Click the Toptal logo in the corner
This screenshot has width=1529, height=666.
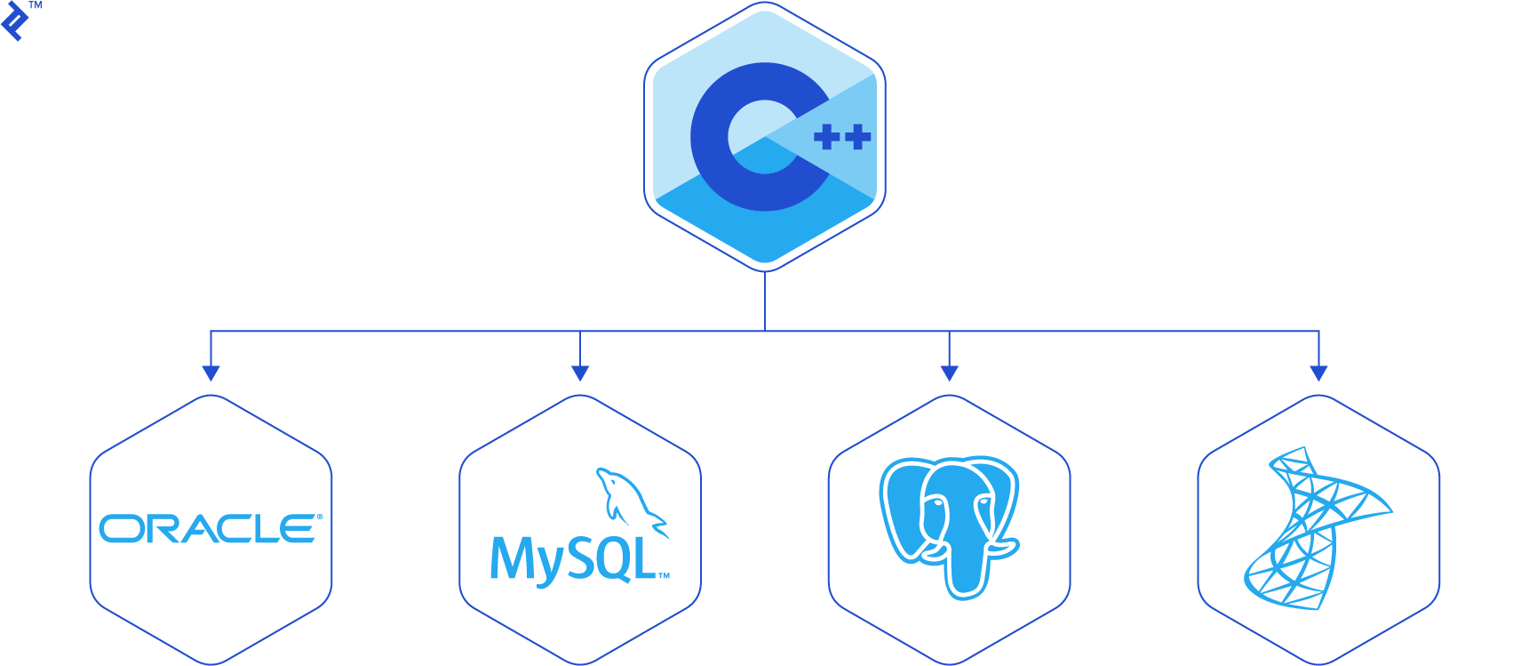coord(14,21)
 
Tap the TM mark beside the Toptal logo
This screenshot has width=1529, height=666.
coord(36,5)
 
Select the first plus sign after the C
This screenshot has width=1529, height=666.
coord(827,137)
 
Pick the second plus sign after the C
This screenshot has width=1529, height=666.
coord(858,137)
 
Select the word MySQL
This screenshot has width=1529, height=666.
coord(573,559)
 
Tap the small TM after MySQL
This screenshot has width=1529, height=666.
coord(664,576)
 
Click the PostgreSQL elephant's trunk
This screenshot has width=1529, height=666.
coord(965,569)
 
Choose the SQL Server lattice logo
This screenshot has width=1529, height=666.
coord(1315,528)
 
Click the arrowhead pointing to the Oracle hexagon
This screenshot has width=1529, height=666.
coord(211,373)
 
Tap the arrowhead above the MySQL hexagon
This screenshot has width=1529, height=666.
coord(580,373)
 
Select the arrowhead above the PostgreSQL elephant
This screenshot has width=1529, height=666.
coord(949,373)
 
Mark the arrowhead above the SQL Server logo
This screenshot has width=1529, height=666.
coord(1318,373)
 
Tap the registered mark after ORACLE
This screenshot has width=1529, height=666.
coord(320,517)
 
